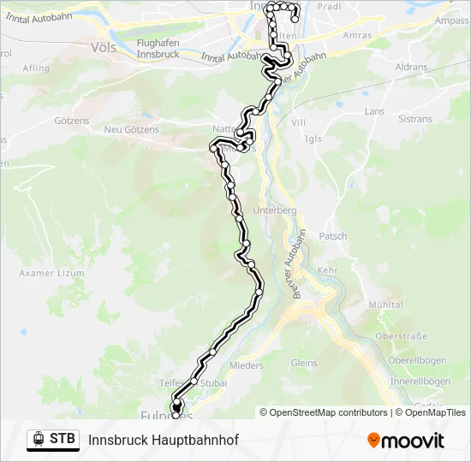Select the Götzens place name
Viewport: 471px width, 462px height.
(x=72, y=121)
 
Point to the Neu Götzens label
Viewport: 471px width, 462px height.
(x=131, y=129)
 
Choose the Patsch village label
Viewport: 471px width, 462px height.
(x=333, y=236)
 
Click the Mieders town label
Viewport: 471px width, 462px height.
(x=247, y=365)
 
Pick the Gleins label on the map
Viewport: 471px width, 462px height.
(x=303, y=363)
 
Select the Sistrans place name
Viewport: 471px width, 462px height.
(x=415, y=119)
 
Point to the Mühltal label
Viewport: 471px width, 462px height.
(x=385, y=305)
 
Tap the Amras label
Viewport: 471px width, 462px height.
(x=357, y=35)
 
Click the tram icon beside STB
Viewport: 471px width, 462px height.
(x=39, y=440)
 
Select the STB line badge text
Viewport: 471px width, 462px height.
(x=62, y=440)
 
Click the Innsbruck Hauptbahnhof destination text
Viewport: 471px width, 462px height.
(x=163, y=440)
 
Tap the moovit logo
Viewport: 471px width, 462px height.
(x=405, y=441)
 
